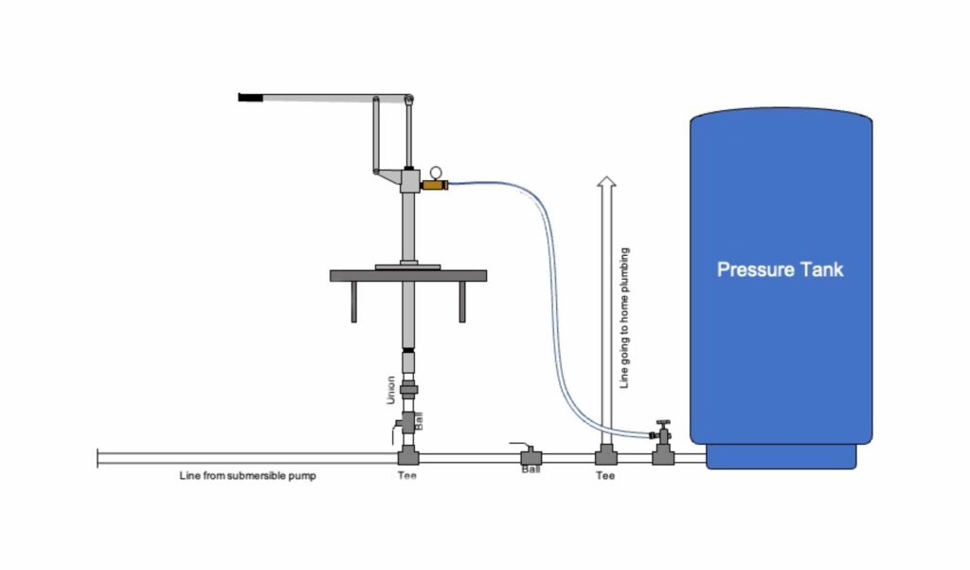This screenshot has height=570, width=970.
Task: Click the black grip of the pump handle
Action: [250, 97]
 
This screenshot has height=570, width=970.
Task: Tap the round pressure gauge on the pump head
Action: [435, 172]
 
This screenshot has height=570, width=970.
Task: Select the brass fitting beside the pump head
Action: [434, 186]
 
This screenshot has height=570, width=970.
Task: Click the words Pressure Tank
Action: [780, 269]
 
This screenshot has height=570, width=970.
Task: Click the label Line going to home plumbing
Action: [623, 319]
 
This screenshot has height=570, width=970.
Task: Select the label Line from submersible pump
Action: [247, 476]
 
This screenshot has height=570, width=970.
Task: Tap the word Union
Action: [390, 389]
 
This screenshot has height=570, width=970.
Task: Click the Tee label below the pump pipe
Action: [406, 476]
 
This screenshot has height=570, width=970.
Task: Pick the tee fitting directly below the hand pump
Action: [408, 455]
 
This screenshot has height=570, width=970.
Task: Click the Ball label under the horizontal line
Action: [530, 469]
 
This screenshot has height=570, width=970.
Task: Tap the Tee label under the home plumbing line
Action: [605, 476]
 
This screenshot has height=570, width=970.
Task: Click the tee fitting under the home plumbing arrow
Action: [606, 455]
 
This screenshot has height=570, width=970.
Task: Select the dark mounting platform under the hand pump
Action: [408, 276]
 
